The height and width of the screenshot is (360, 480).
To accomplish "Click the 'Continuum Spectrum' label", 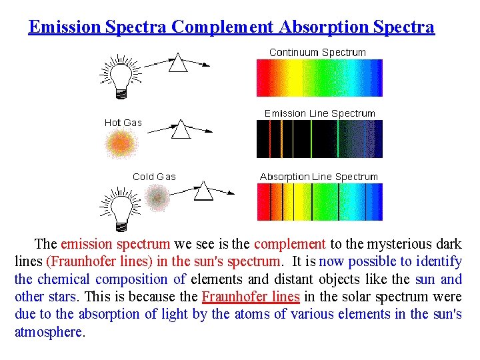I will [317, 52].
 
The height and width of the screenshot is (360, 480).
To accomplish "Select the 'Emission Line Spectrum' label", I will [319, 113].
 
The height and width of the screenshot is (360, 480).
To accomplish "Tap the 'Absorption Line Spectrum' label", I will [319, 177].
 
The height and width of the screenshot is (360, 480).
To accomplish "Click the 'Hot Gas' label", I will [123, 123].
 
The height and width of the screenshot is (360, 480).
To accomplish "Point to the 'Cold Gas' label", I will [154, 177].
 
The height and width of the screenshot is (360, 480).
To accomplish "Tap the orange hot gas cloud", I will [121, 143].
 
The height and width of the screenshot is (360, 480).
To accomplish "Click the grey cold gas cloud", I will [157, 197].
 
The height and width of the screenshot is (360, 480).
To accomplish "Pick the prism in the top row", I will [177, 63].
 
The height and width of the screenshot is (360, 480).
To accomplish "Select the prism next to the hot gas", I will [181, 129].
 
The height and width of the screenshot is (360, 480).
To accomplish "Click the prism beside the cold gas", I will [203, 191].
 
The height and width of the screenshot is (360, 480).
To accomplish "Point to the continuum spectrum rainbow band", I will [319, 78].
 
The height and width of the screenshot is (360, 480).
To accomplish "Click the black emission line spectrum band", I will [319, 139].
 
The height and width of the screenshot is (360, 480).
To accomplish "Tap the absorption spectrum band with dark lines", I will [319, 202].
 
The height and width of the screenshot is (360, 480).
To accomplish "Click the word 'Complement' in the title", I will [222, 27].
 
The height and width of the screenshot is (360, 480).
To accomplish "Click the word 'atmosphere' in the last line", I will [49, 331].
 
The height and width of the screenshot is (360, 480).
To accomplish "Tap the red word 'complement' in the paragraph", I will [290, 245].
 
